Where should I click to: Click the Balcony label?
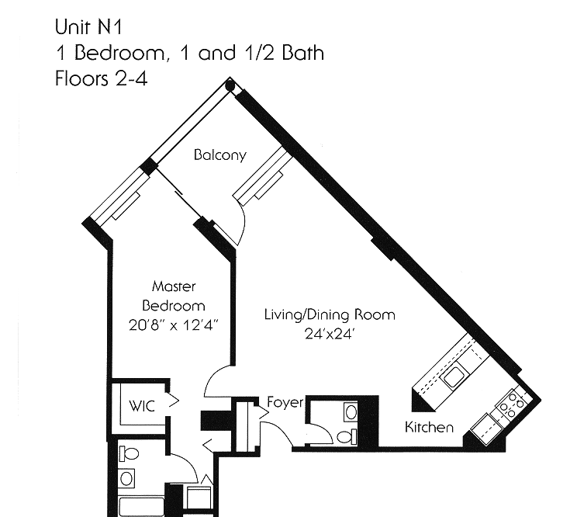tap(219, 155)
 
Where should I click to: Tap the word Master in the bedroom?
tap(174, 286)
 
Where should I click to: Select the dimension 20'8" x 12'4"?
tap(174, 325)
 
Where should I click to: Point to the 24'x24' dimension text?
tap(330, 334)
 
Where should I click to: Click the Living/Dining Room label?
tap(330, 315)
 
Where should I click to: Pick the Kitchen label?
tap(429, 428)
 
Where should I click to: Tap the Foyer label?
tap(285, 402)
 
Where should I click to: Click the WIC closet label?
tap(142, 406)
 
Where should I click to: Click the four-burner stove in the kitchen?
tap(511, 404)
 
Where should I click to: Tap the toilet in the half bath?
tap(346, 438)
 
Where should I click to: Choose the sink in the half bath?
tap(351, 412)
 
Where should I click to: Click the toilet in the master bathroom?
tap(127, 453)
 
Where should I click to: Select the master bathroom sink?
tap(126, 478)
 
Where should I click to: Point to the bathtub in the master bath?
tap(142, 507)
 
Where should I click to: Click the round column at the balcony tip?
tap(230, 86)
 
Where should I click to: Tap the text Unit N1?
tap(88, 27)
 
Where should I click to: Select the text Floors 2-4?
tap(101, 79)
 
